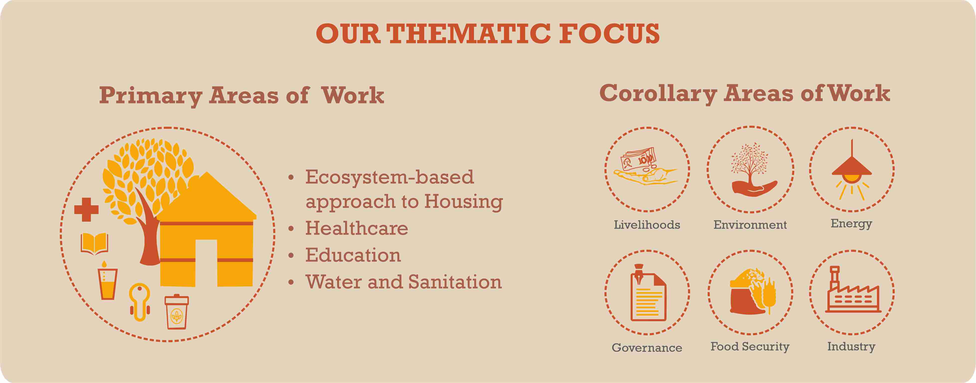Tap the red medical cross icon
(86, 209)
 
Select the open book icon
(94, 244)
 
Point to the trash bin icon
(177, 312)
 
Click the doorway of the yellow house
(206, 263)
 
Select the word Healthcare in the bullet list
(357, 228)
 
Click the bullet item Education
(353, 255)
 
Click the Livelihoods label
(647, 225)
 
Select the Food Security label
(750, 346)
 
